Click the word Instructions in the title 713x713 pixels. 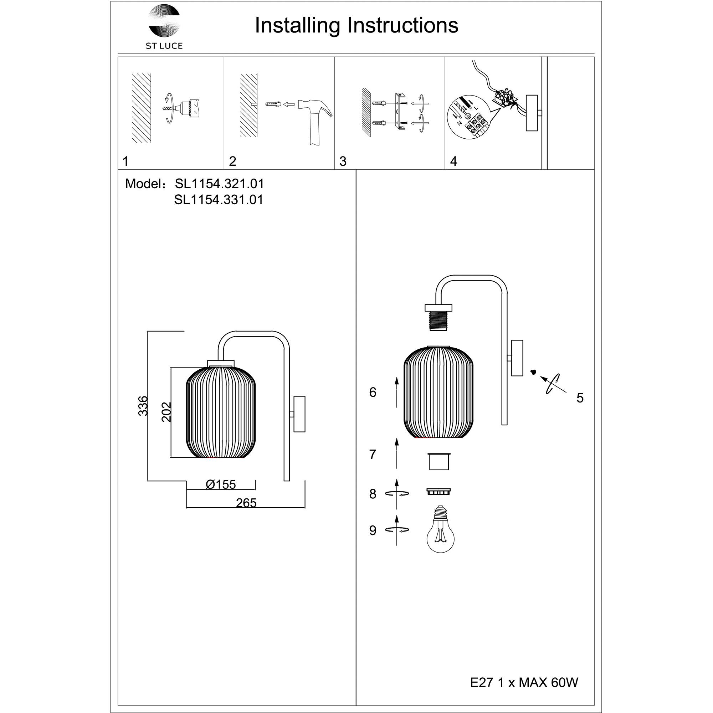(x=402, y=25)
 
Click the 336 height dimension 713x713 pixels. (x=143, y=406)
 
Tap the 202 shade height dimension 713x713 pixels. (x=166, y=412)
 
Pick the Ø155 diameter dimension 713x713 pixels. (x=221, y=484)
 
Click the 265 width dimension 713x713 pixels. (x=246, y=503)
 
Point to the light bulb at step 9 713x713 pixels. (x=440, y=530)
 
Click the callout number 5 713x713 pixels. (x=580, y=398)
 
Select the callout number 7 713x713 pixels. (x=373, y=455)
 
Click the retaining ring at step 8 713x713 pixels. (x=438, y=491)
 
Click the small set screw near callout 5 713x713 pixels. (x=533, y=371)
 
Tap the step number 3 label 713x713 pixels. (x=343, y=161)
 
